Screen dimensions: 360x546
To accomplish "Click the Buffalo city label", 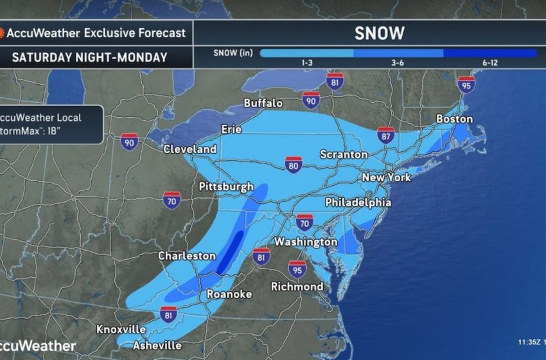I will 263,103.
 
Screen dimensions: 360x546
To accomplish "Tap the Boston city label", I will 454,119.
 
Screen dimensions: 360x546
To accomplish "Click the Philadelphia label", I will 358,202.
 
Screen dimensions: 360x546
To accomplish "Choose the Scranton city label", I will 344,155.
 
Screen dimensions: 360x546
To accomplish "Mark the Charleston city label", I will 187,256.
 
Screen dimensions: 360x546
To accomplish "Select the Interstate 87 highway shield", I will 385,136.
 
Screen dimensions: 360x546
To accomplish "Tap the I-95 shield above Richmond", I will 297,268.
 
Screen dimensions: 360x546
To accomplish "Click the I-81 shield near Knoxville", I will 168,316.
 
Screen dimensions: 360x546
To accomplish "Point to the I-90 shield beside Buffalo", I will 312,99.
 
